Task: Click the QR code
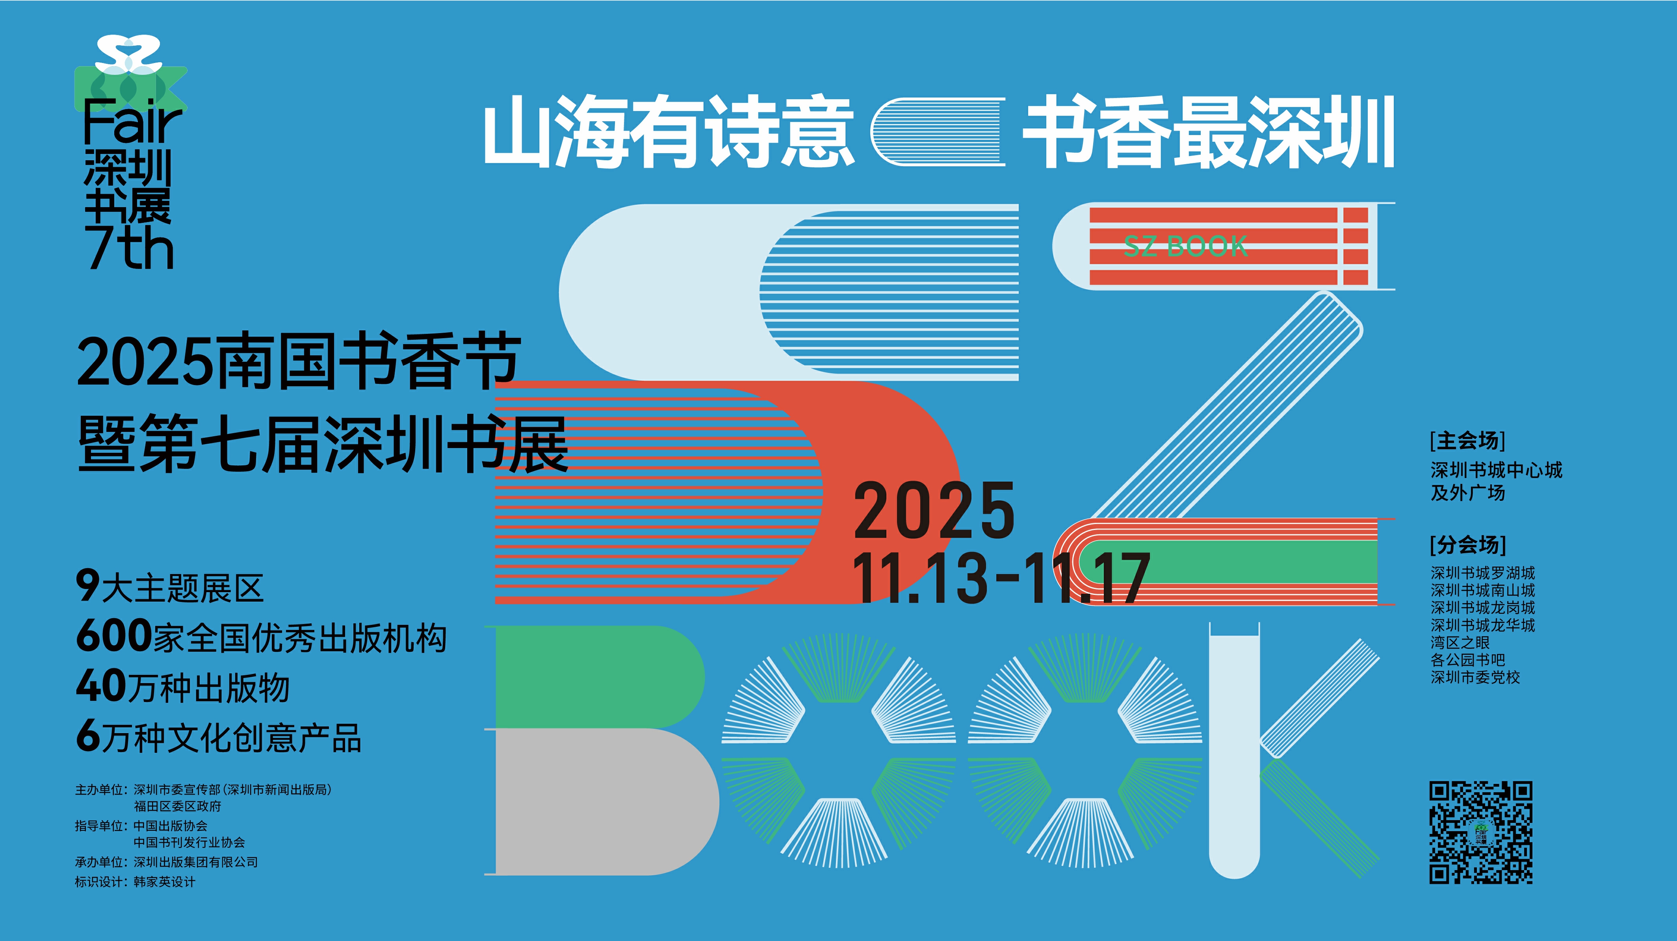[x=1480, y=832]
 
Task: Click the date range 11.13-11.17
[x=1001, y=578]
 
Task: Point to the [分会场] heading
[x=1468, y=544]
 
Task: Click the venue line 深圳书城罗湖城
[x=1482, y=572]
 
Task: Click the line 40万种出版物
[x=182, y=687]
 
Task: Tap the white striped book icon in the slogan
[x=938, y=132]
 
